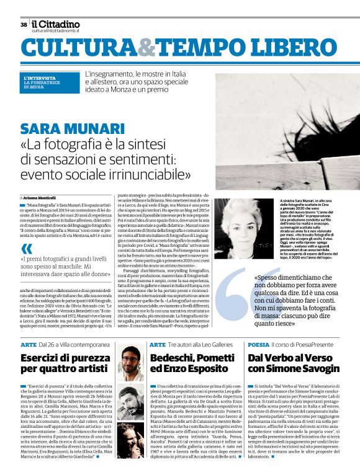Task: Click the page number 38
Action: click(x=23, y=25)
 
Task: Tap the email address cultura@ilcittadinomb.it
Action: click(x=55, y=30)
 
